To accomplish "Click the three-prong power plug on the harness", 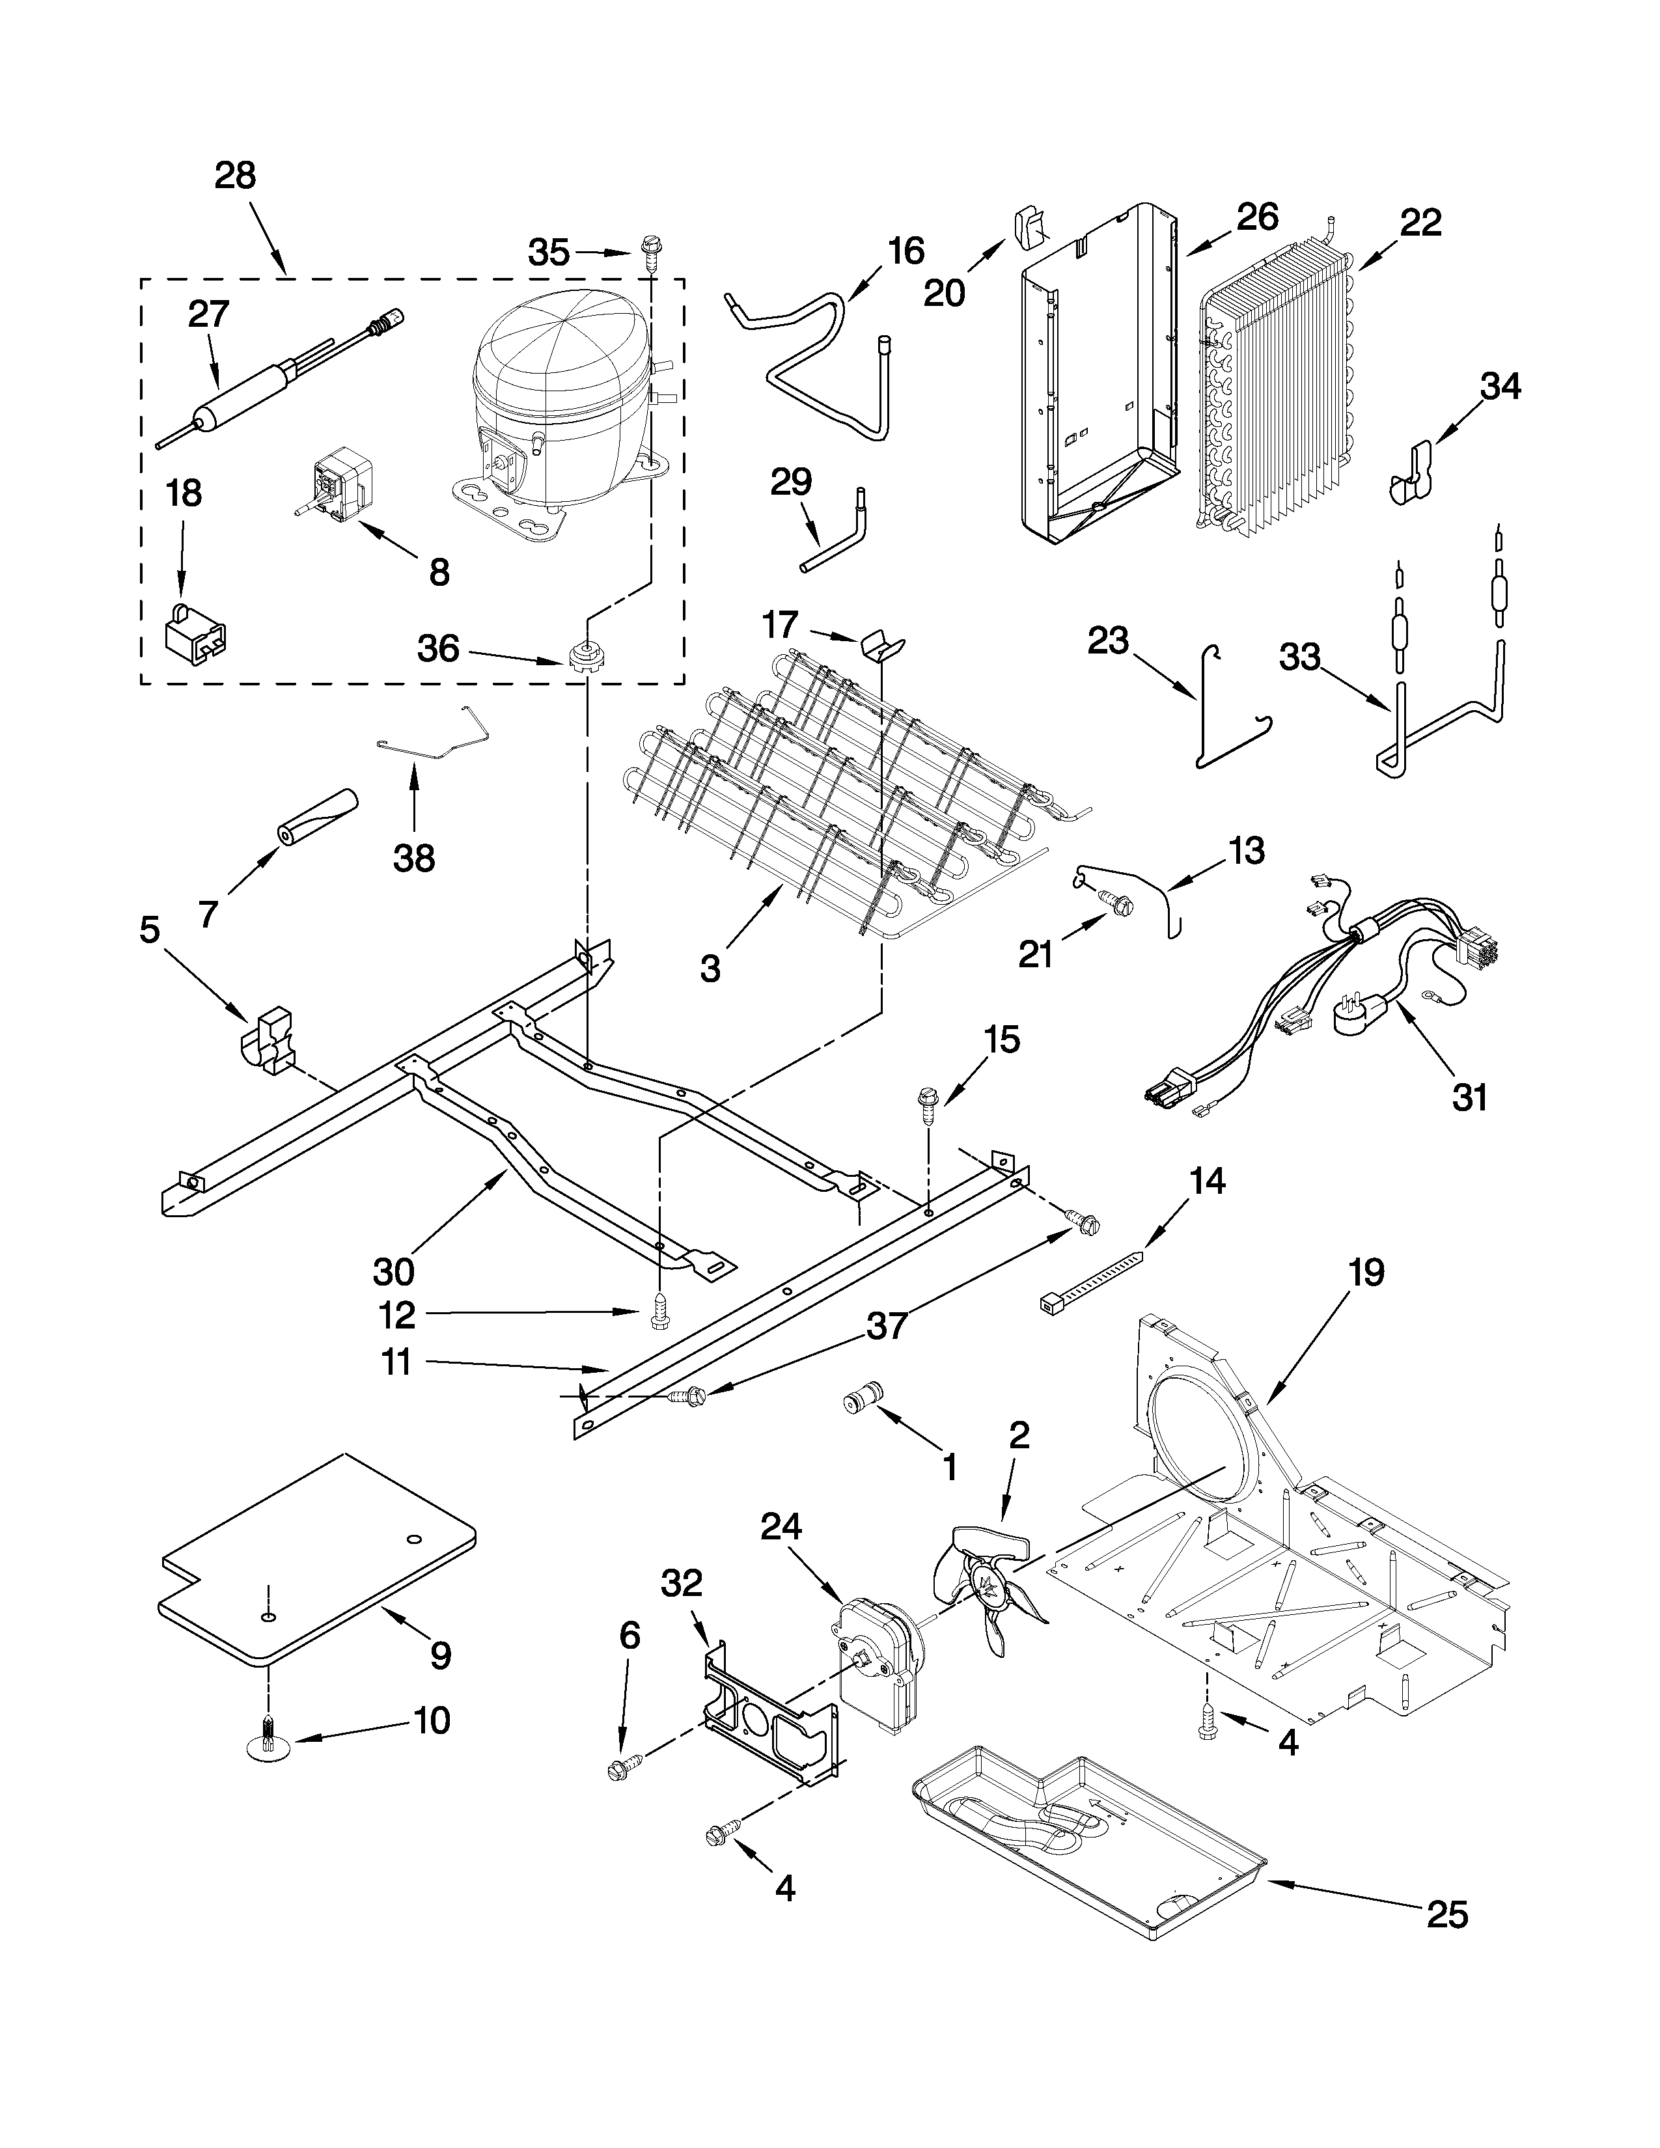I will tap(1362, 1013).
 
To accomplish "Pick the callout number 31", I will tap(1469, 1095).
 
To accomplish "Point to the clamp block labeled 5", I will tap(268, 1038).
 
